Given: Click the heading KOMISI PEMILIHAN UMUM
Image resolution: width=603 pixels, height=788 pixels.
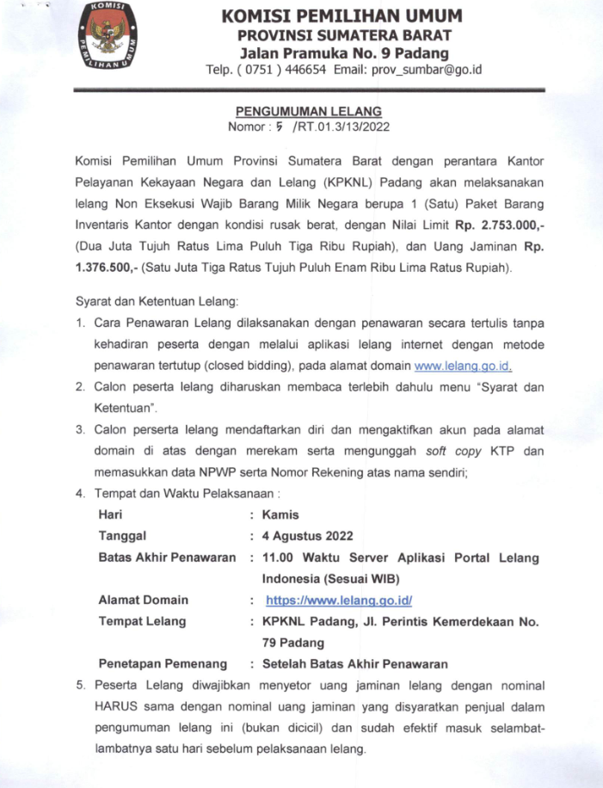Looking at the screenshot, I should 341,16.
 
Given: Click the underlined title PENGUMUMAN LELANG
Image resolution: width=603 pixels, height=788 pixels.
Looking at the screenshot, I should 309,112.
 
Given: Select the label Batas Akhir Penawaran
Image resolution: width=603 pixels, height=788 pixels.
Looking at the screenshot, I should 167,557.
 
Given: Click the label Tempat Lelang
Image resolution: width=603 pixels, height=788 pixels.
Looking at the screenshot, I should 142,621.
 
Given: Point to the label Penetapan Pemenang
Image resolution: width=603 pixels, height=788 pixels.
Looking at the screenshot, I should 163,663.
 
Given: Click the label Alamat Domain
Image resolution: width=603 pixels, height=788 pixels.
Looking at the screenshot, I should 144,600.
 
